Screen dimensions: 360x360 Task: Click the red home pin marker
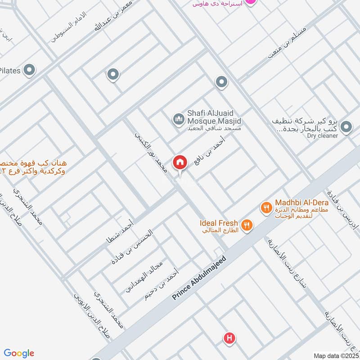pyautogui.click(x=180, y=163)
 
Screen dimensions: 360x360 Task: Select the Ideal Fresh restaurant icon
pyautogui.click(x=247, y=225)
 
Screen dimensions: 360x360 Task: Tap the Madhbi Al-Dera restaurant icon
pyautogui.click(x=266, y=208)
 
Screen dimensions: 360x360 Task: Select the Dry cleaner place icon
pyautogui.click(x=346, y=127)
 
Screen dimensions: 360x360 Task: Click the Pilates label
pyautogui.click(x=10, y=71)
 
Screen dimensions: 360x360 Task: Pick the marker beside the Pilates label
pyautogui.click(x=30, y=70)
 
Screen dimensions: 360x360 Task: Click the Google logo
pyautogui.click(x=19, y=353)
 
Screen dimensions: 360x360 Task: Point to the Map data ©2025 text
pyautogui.click(x=336, y=356)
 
